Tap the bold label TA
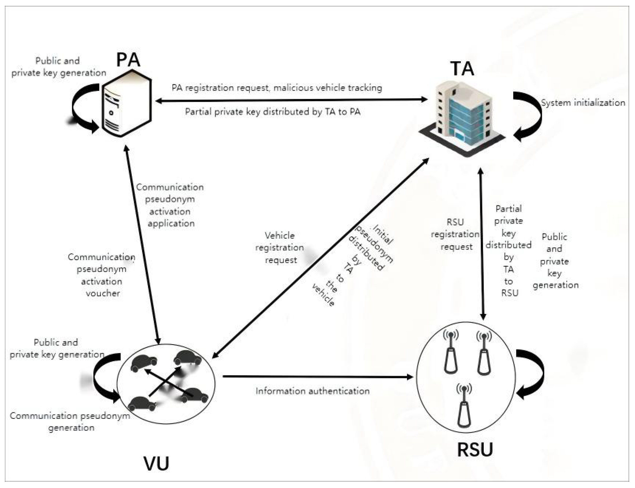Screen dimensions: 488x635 pos(462,69)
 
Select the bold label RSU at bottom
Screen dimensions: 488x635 pos(475,450)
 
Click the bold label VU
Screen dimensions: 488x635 pos(156,463)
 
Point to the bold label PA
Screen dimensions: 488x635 pos(128,60)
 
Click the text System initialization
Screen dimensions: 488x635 pos(583,103)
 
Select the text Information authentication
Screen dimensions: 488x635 pos(312,391)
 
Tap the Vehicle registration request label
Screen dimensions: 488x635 pos(280,248)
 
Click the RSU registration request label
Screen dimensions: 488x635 pos(455,234)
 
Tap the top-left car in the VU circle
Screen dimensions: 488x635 pos(144,363)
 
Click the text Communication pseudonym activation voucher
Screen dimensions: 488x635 pos(102,275)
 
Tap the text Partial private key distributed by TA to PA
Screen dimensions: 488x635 pos(273,112)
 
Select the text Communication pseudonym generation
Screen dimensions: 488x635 pos(70,421)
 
